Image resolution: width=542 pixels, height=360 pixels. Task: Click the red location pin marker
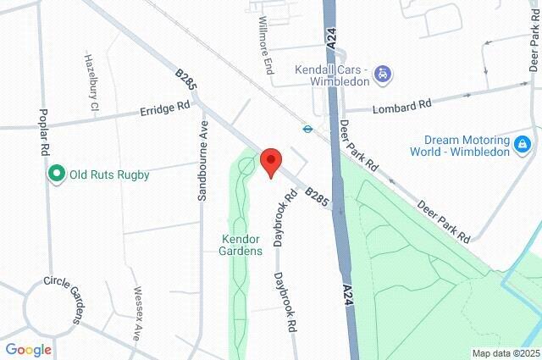(270, 160)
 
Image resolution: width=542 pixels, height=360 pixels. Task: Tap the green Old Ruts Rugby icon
(57, 174)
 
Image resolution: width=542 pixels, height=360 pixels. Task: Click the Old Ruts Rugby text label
(109, 175)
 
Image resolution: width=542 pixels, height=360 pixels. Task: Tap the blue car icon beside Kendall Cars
(382, 74)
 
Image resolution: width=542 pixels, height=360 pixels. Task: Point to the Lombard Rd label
(401, 104)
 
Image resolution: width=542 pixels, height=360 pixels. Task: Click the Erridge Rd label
(165, 110)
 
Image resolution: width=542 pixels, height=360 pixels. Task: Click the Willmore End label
(265, 44)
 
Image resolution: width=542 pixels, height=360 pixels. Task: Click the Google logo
(28, 349)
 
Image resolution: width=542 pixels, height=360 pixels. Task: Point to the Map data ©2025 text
(505, 353)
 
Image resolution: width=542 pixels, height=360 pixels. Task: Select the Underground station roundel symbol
(307, 130)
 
